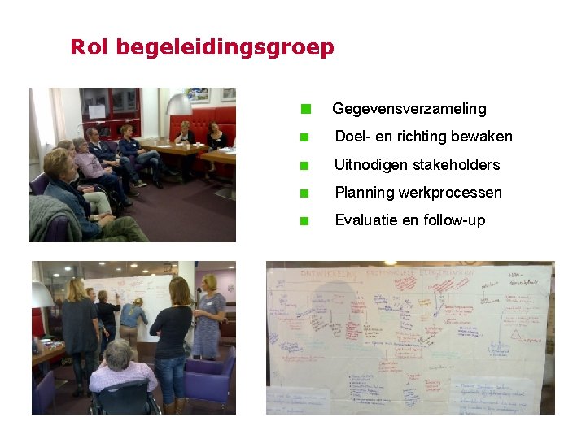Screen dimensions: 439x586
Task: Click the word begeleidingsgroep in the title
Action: pos(225,48)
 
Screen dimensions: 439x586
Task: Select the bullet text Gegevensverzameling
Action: pos(409,109)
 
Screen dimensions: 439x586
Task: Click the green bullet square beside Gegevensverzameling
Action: pos(305,109)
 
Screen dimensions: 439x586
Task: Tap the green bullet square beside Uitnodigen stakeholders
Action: pos(304,165)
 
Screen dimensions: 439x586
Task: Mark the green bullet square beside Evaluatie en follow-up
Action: pos(304,220)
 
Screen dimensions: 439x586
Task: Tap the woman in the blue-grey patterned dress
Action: pos(208,317)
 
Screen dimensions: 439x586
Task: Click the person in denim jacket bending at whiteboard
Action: pos(132,317)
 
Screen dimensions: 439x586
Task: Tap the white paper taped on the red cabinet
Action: pos(97,111)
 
